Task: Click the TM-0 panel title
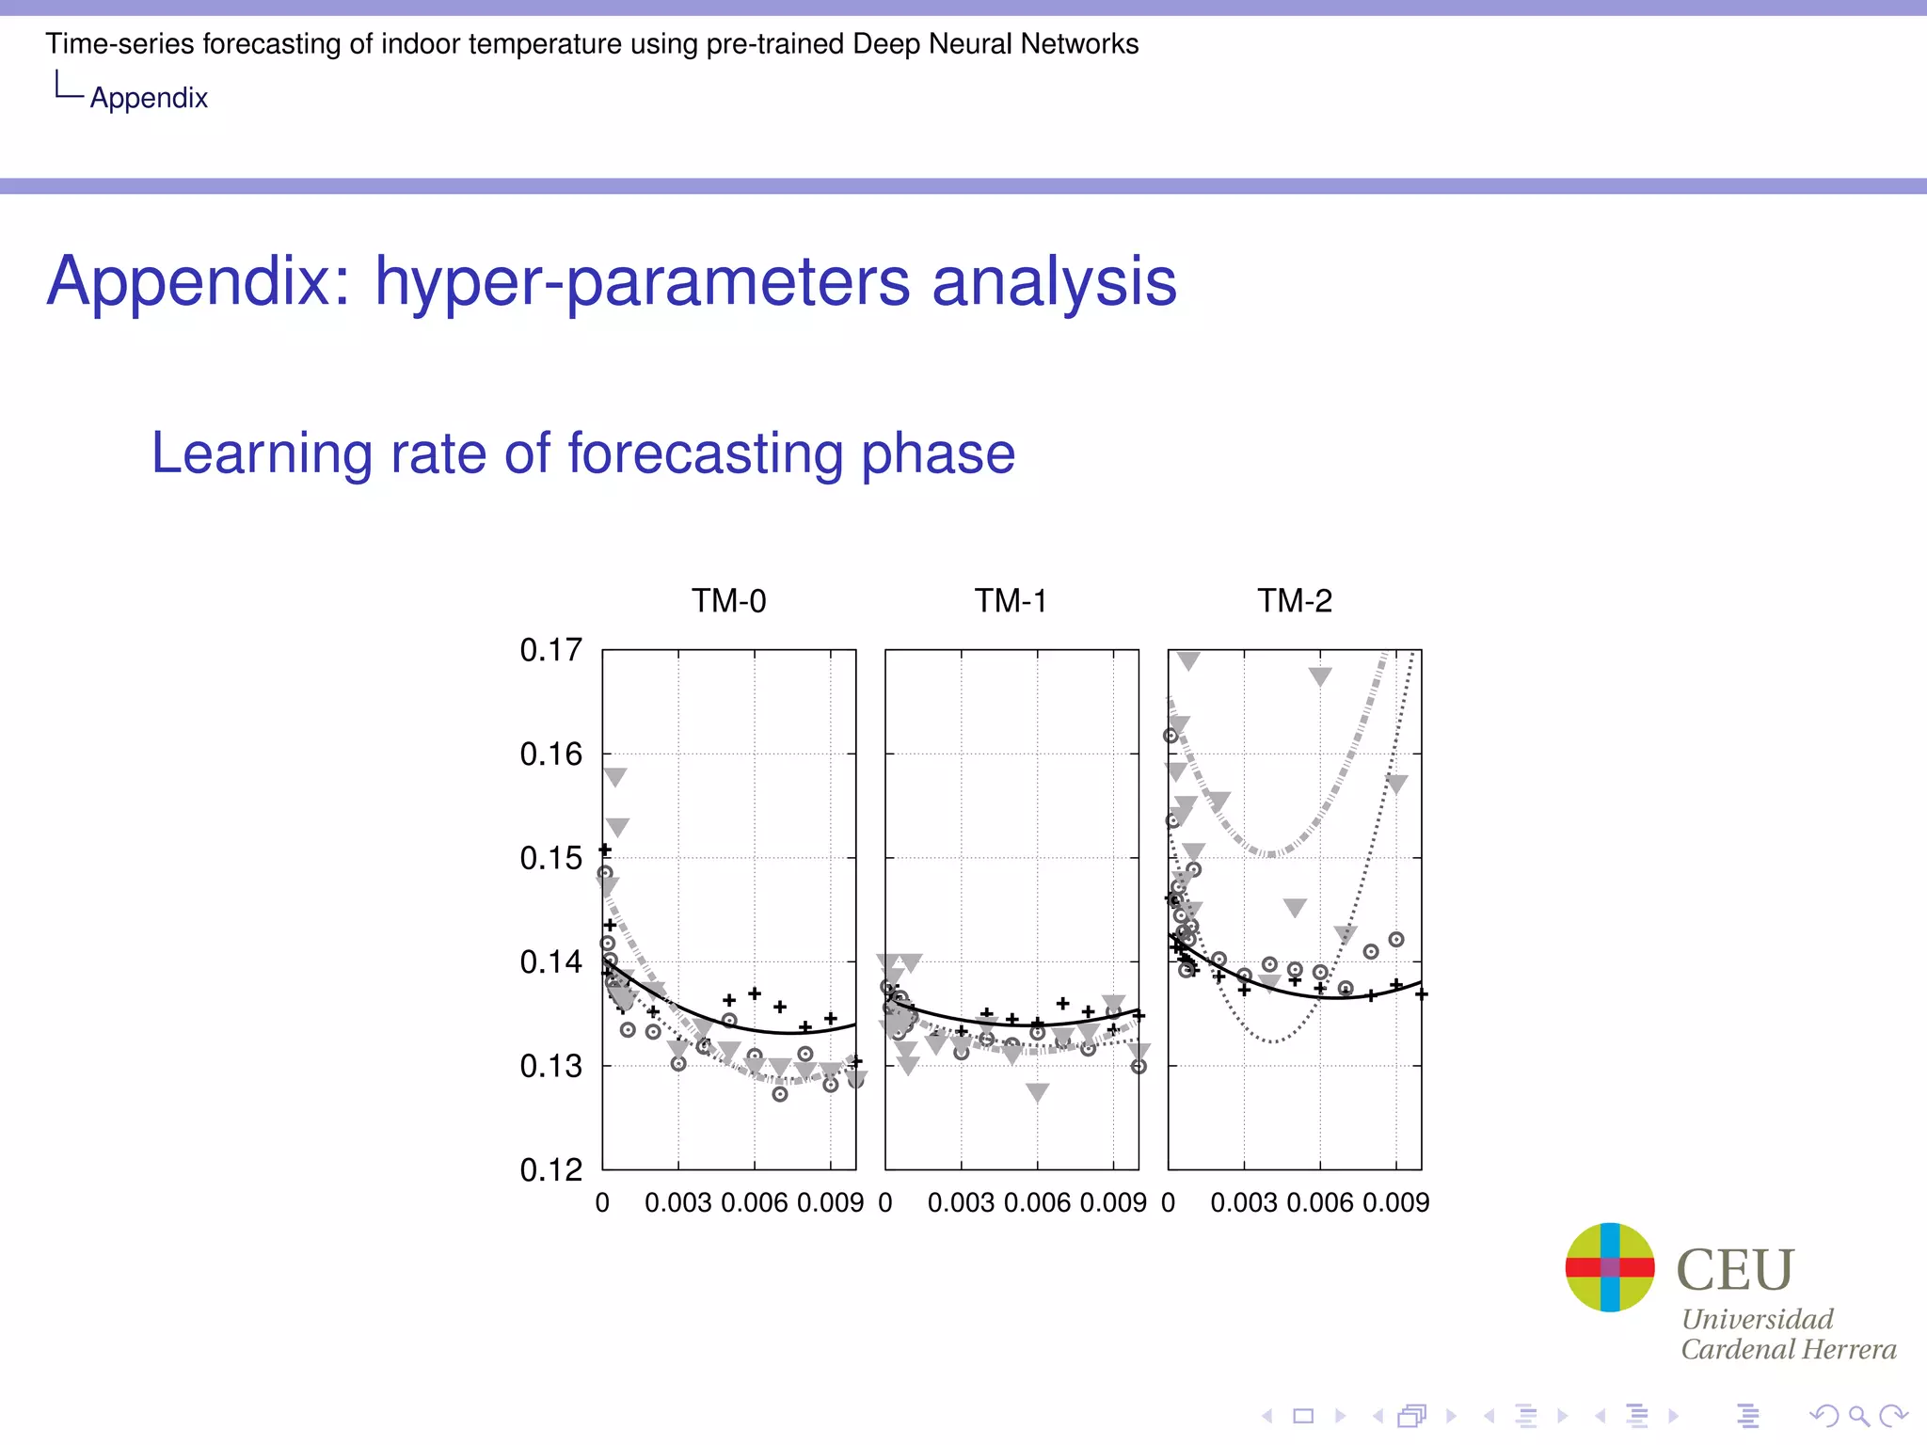pos(728,600)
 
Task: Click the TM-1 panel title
pos(1011,600)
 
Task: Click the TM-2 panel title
pos(1295,600)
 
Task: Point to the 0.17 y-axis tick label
pos(550,650)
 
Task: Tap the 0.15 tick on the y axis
pos(550,858)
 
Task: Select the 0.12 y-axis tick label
pos(550,1170)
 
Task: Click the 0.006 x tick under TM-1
pos(1037,1202)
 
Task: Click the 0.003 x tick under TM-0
pos(677,1202)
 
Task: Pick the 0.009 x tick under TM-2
pos(1396,1202)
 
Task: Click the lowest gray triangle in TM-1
pos(1037,1091)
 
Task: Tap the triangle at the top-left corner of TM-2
pos(1188,660)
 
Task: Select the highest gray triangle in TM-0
pos(614,776)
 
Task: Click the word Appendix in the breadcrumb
pos(149,98)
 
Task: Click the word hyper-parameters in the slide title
pos(643,281)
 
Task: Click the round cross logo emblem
pos(1609,1267)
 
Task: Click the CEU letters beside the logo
pos(1735,1270)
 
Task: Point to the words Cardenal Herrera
pos(1788,1349)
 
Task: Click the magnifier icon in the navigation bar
pos(1858,1416)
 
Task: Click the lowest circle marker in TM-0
pos(780,1094)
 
